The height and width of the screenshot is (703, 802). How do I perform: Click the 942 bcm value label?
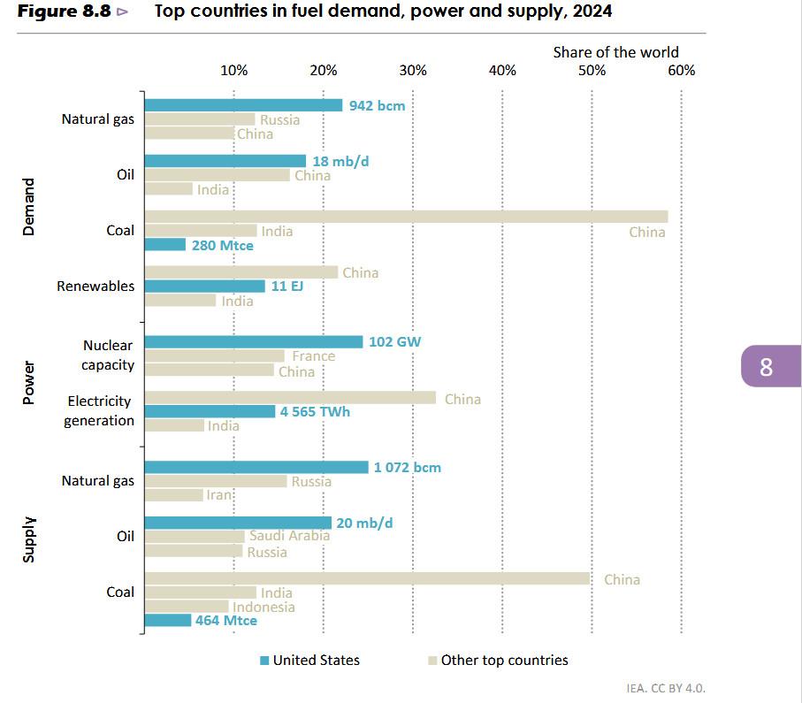(x=377, y=105)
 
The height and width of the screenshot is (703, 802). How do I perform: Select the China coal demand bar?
(x=406, y=217)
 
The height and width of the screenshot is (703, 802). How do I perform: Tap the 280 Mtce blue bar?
(x=164, y=245)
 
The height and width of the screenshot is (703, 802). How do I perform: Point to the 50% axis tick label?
(x=592, y=71)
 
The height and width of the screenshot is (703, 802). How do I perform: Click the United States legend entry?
(x=309, y=660)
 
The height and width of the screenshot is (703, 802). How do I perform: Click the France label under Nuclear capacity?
(x=313, y=356)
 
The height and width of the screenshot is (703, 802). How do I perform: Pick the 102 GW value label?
(x=394, y=341)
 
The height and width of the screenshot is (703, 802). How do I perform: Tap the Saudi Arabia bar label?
(x=289, y=536)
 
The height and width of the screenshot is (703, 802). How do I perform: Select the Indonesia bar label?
(x=264, y=607)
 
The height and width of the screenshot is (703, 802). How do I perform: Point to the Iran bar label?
(x=219, y=495)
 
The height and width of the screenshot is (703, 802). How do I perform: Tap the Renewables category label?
(x=95, y=287)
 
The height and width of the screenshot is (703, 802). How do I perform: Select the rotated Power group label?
(x=29, y=383)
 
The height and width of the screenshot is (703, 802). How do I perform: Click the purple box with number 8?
(x=768, y=366)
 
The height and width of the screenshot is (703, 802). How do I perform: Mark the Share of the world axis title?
(x=615, y=52)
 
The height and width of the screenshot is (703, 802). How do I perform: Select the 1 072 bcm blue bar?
(x=256, y=467)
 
